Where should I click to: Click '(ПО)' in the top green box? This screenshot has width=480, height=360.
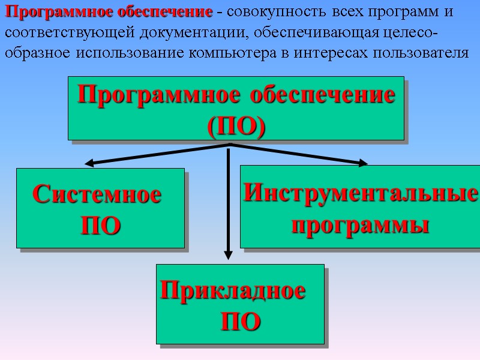point(236,126)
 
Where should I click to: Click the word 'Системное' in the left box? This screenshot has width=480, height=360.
point(97,195)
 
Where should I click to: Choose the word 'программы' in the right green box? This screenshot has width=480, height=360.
point(360,225)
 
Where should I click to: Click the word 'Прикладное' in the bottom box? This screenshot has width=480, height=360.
point(233,291)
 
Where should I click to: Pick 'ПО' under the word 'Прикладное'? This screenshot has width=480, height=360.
point(240,322)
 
